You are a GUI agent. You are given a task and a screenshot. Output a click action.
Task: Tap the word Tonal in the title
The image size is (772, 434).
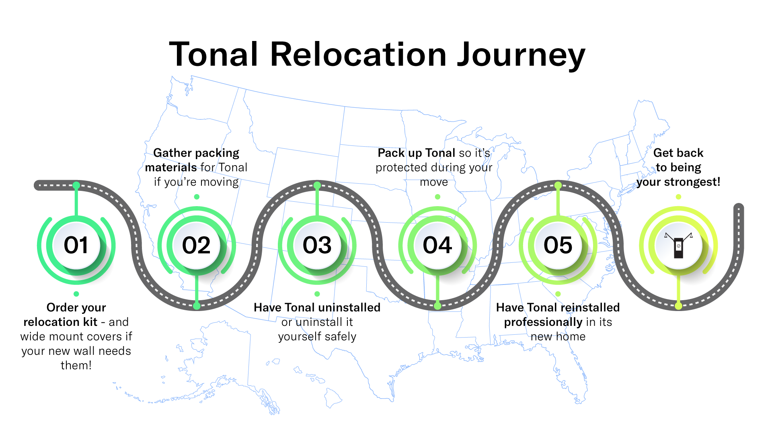coord(214,55)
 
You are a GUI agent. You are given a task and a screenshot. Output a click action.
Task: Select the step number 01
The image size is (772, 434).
coord(76,245)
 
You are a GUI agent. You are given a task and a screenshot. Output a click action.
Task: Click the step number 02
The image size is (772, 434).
coord(196,245)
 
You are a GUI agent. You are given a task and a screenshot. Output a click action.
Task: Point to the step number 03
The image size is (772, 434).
coord(317,245)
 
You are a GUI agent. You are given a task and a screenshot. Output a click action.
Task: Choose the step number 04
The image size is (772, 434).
coord(437,245)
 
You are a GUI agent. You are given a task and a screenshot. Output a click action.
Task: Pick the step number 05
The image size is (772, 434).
coord(558,245)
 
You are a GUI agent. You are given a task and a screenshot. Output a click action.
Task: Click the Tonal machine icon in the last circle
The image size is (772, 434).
coord(679,246)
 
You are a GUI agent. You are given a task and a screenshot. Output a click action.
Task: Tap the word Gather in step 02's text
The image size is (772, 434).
coord(172,153)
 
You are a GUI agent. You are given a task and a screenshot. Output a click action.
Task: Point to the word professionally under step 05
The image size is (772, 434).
coord(543,322)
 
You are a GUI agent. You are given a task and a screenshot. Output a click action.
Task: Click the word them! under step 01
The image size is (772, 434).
coord(76,366)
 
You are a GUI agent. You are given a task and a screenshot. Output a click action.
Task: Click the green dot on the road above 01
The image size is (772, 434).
coord(76,185)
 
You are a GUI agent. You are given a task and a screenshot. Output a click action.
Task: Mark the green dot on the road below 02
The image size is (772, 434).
coord(197,306)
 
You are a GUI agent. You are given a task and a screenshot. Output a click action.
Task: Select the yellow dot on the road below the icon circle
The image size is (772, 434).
coord(679,306)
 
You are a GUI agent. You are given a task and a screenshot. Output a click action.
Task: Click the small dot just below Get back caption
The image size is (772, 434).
coord(679,197)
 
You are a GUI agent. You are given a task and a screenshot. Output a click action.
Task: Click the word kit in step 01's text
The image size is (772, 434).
coord(90,322)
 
